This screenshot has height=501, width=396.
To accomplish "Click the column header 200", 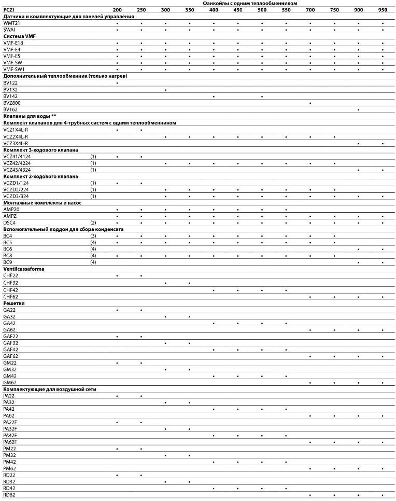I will tap(118, 10).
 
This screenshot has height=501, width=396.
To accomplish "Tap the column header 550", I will tap(286, 10).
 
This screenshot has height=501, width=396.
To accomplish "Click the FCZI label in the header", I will tap(9, 10).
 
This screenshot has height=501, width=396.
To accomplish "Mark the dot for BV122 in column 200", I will tap(118, 83).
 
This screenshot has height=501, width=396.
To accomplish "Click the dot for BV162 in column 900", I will tap(358, 109).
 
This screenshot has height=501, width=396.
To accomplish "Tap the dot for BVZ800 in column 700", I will tap(310, 103).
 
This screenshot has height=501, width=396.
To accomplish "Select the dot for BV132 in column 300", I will tap(165, 90).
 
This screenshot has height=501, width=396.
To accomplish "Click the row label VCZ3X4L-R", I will tap(16, 143).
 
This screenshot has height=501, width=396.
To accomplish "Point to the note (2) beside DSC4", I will tap(93, 222).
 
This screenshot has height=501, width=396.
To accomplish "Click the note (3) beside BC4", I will tap(93, 235).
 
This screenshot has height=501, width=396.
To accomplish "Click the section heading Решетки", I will tap(13, 303).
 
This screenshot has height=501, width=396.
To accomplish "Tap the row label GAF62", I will tap(10, 356).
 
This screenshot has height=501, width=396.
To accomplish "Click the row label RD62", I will tap(9, 495).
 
